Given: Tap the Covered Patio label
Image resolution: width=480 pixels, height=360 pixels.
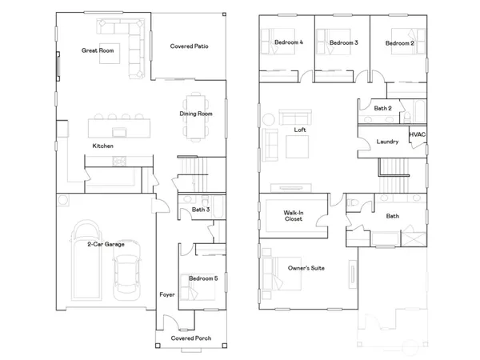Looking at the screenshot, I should click(x=190, y=46).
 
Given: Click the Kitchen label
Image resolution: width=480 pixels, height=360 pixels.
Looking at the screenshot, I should click(x=102, y=146).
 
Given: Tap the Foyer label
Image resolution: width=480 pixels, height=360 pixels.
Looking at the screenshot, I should click(x=166, y=294).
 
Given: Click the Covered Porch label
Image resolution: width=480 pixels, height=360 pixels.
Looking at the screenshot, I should click(x=190, y=338).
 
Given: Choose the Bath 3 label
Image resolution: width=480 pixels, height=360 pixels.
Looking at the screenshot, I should click(x=200, y=210).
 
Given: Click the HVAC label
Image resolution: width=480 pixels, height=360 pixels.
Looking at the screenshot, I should click(x=418, y=136).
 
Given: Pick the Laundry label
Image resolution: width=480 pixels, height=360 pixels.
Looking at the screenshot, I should click(x=387, y=142).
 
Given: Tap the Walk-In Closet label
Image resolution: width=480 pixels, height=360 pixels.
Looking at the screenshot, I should click(x=293, y=215).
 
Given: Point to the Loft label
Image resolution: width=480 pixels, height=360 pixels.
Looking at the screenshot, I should click(x=300, y=130).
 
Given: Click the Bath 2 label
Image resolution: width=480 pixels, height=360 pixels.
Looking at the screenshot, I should click(x=382, y=107).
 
